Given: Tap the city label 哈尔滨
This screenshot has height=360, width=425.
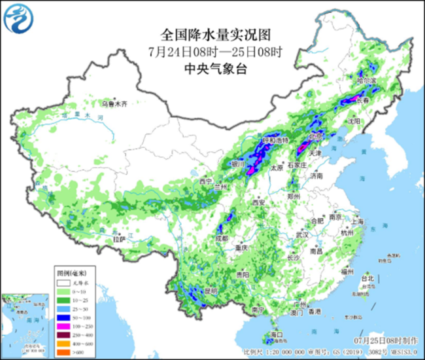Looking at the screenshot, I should (x=367, y=81).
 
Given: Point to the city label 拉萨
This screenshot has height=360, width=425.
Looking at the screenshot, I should (x=118, y=240).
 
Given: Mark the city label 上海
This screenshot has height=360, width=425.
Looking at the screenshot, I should (x=357, y=222).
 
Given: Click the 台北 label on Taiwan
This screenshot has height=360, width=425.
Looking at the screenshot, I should (x=369, y=278).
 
